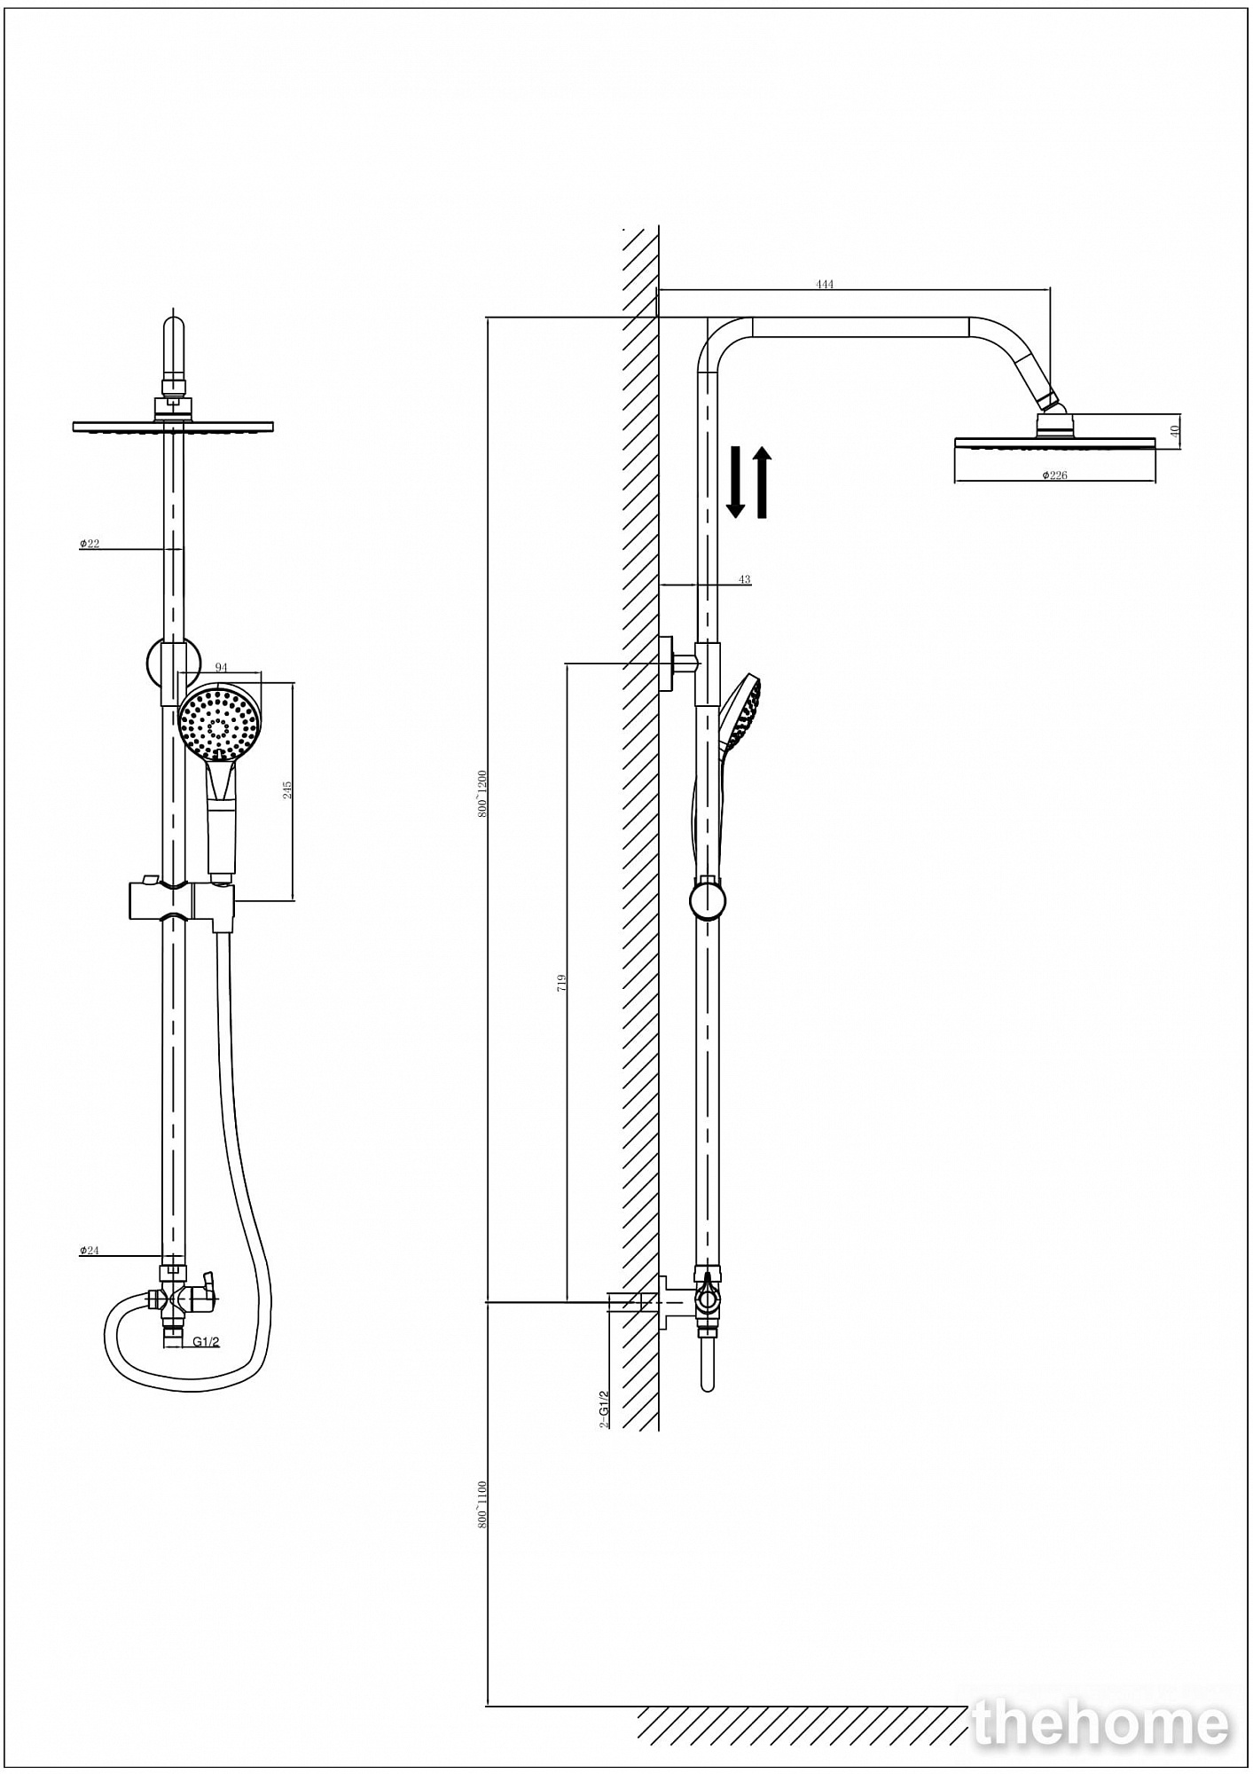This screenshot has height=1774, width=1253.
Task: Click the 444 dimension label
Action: tap(825, 285)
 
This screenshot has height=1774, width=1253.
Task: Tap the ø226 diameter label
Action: tap(1054, 475)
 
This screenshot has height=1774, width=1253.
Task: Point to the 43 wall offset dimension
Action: tap(744, 579)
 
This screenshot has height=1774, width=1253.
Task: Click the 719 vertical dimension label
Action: tap(561, 982)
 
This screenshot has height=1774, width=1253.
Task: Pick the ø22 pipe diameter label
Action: tap(90, 544)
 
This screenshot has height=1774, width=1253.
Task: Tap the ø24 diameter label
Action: tap(90, 1251)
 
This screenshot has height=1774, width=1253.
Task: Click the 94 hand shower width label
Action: tap(222, 667)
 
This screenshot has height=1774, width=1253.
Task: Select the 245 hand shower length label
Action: tap(287, 789)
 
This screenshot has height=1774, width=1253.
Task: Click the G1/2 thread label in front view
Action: tap(206, 1342)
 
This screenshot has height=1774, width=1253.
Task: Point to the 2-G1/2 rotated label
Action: tap(605, 1409)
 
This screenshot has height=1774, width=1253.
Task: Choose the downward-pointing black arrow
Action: tap(735, 482)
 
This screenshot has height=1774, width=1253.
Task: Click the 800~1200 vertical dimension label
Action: tap(482, 794)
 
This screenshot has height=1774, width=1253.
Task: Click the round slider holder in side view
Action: tap(707, 900)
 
